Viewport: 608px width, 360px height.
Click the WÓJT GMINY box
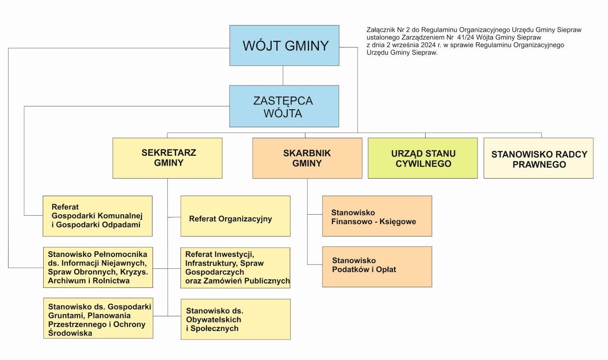[285, 46]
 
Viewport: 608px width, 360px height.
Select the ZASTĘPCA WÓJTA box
[284, 106]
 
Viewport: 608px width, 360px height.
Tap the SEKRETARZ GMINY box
[168, 158]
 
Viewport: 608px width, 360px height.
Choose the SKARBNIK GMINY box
[307, 158]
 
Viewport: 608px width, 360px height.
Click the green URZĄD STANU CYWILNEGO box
[423, 158]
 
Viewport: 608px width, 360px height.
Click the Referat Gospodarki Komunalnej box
[97, 216]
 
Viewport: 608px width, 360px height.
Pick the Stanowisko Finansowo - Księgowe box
[377, 216]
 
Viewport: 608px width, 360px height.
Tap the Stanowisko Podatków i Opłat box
[377, 266]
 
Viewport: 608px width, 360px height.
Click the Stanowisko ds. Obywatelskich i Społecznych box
[235, 319]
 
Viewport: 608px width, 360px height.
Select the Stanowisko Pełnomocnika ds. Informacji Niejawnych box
[98, 267]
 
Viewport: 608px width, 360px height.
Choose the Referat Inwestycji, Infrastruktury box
[235, 267]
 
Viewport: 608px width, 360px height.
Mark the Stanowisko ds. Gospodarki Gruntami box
[98, 318]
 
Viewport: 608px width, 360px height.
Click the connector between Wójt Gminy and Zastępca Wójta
[283, 76]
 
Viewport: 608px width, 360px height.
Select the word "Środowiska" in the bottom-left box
[70, 333]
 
